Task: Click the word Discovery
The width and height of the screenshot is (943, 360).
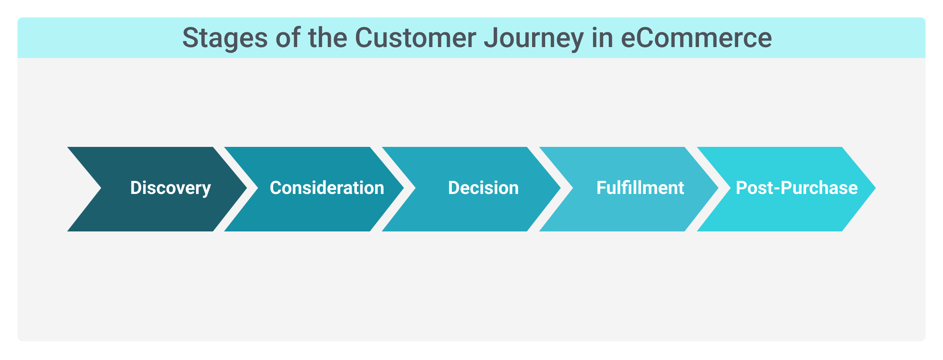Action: coord(170,188)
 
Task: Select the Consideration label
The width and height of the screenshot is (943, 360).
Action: coord(327,188)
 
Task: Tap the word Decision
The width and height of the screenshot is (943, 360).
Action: coord(483,188)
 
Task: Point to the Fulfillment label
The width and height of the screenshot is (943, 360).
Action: coord(640,188)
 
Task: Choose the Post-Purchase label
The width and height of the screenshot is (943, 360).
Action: coord(797,188)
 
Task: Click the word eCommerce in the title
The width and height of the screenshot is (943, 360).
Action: coord(696,37)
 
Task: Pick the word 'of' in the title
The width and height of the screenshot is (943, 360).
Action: coord(288,37)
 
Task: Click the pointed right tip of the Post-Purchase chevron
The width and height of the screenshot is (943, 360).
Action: coord(875,188)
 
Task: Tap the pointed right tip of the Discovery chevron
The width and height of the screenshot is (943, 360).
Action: coord(247,188)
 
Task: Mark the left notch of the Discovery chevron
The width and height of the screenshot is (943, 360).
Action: coord(101,188)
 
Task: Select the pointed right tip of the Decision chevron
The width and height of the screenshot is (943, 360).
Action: coord(561,188)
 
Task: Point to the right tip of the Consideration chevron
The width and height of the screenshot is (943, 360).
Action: coord(404,188)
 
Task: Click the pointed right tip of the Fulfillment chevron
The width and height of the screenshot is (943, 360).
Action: coord(718,188)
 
